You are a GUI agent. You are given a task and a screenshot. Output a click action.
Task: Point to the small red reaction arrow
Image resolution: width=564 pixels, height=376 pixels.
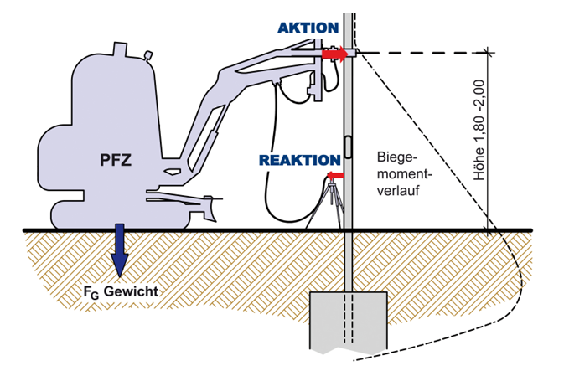coord(336,175)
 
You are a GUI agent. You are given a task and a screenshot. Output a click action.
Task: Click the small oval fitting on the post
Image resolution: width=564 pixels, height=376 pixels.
coord(347,147)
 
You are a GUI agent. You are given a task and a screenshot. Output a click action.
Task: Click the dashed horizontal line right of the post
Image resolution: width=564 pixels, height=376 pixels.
coord(419,53)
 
